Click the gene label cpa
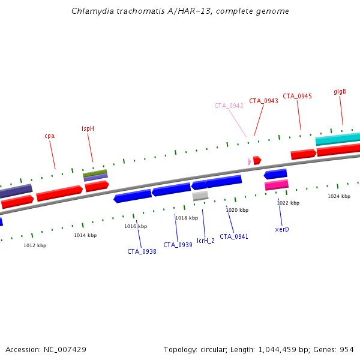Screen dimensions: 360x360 [x=49, y=136]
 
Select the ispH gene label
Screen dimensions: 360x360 [x=88, y=128]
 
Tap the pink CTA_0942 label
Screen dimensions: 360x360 [x=229, y=106]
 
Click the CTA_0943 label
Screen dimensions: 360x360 [x=263, y=101]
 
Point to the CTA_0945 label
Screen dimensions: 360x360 [x=297, y=96]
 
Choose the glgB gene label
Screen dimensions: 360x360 [x=340, y=91]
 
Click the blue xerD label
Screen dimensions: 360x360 [x=282, y=229]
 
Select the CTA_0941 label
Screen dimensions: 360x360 [x=234, y=236]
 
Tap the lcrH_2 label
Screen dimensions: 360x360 [x=205, y=241]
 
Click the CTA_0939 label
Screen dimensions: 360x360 [x=178, y=245]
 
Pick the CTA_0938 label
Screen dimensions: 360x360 [x=142, y=251]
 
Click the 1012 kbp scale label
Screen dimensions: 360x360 [x=35, y=245]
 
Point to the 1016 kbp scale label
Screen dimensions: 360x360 [x=136, y=226]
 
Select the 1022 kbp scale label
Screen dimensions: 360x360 [x=288, y=203]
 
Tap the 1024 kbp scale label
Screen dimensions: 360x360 [x=338, y=196]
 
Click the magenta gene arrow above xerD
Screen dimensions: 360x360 [x=277, y=185]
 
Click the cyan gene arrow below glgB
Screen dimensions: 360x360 [x=337, y=140]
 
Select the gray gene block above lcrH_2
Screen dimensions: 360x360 [x=200, y=195]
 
